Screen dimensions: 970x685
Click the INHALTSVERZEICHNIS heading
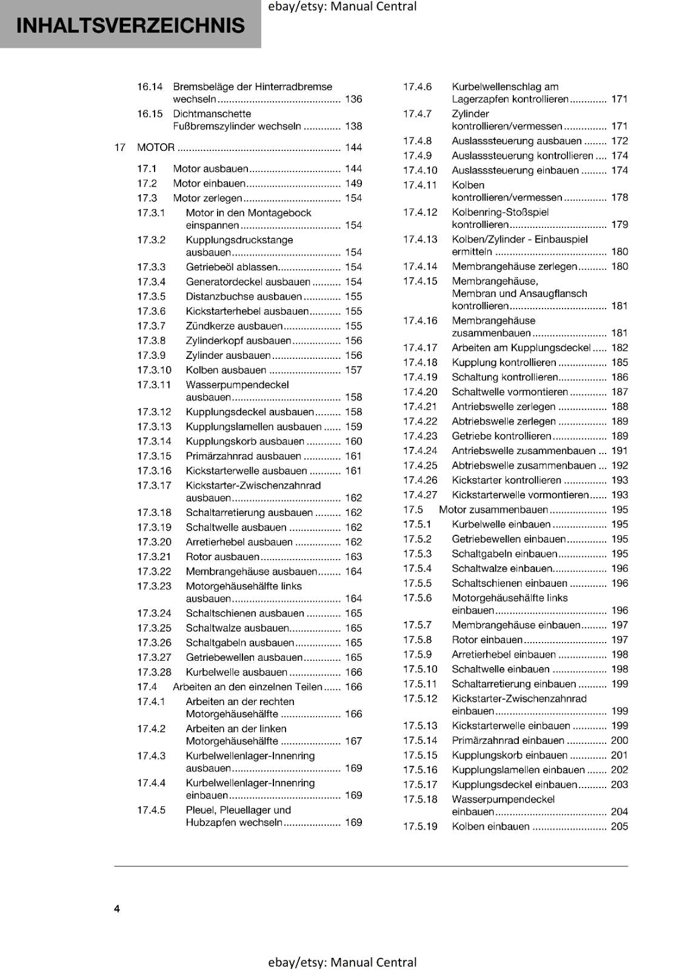pyautogui.click(x=130, y=25)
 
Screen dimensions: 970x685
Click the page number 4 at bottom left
pyautogui.click(x=117, y=908)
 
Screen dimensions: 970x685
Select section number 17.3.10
pyautogui.click(x=154, y=370)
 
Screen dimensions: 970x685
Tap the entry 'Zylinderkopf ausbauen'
pyautogui.click(x=238, y=341)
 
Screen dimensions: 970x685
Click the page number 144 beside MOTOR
pyautogui.click(x=353, y=147)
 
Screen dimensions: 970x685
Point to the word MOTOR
pyautogui.click(x=156, y=147)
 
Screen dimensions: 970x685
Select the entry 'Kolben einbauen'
pyautogui.click(x=490, y=826)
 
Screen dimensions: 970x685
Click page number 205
pyautogui.click(x=620, y=826)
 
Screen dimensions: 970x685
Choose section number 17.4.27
pyautogui.click(x=420, y=495)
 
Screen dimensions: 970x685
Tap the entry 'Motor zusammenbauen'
pyautogui.click(x=493, y=510)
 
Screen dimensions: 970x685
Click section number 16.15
pyautogui.click(x=150, y=114)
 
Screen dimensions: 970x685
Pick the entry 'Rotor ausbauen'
pyautogui.click(x=222, y=557)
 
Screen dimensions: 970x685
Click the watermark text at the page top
pyautogui.click(x=343, y=7)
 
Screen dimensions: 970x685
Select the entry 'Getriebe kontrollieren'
pyautogui.click(x=501, y=436)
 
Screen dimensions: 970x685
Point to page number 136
pyautogui.click(x=353, y=99)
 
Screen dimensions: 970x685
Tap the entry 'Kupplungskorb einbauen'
pyautogui.click(x=509, y=755)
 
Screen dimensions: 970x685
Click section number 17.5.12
pyautogui.click(x=420, y=698)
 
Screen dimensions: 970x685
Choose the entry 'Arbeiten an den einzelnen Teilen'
pyautogui.click(x=247, y=687)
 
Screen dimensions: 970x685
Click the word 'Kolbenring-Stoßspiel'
pyautogui.click(x=500, y=212)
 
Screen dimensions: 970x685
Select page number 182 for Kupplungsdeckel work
pyautogui.click(x=620, y=347)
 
